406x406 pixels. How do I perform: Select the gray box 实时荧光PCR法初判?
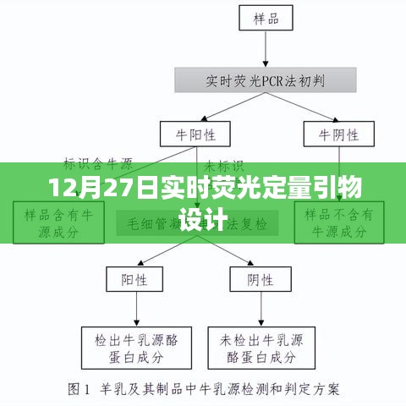click(264, 82)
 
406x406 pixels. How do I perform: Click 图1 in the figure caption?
click(80, 390)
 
